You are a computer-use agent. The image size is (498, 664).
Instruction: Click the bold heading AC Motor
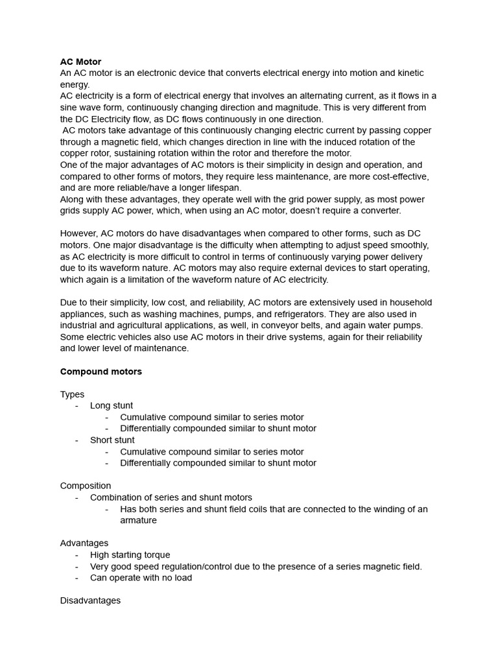tap(80, 62)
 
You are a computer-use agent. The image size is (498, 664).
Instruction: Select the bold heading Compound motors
tap(101, 372)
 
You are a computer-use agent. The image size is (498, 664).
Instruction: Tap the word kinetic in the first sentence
tap(406, 73)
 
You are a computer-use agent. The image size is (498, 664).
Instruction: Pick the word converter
tap(376, 211)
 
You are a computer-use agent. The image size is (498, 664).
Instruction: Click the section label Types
tap(72, 394)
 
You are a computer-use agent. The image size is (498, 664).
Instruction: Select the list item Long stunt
tap(112, 406)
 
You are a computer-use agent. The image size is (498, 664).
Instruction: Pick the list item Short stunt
tap(112, 440)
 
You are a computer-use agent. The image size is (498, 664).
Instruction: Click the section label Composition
tap(86, 486)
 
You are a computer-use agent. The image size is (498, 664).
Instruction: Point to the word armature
tap(138, 520)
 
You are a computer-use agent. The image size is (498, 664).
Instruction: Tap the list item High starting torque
tap(130, 555)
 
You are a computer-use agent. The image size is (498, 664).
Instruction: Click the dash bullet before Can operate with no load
tap(77, 578)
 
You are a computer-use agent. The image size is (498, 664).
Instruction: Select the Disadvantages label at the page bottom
tap(90, 600)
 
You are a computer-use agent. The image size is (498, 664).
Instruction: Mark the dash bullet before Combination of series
tap(77, 497)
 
